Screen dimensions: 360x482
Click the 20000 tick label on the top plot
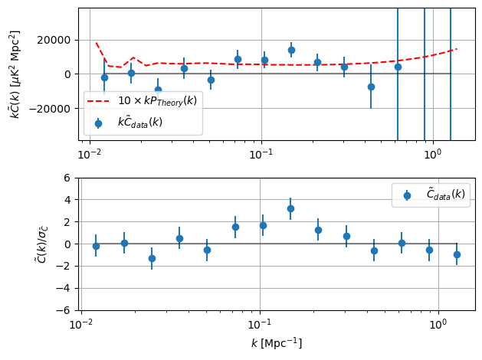[58, 40]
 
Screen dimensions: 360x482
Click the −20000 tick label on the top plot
[55, 108]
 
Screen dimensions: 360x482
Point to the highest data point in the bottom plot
[290, 208]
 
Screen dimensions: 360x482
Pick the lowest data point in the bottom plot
[152, 258]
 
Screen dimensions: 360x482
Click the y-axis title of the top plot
[15, 74]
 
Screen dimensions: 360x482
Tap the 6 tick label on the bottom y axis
[67, 178]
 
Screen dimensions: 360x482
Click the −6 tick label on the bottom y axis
[64, 311]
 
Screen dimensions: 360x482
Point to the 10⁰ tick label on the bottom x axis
[437, 325]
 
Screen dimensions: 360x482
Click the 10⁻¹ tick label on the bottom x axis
[260, 325]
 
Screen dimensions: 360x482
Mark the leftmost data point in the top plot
[104, 77]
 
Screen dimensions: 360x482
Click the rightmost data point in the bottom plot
[457, 254]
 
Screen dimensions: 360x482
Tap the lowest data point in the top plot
[158, 90]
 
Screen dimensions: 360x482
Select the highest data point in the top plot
[291, 50]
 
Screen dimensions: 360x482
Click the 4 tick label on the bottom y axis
[67, 200]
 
